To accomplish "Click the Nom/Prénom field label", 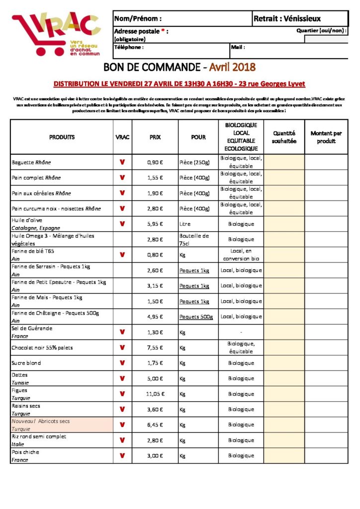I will click(138, 19).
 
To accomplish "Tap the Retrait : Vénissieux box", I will click(287, 19).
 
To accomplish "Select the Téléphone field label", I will click(129, 48).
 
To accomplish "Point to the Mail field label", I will click(238, 48).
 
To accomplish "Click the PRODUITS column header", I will click(62, 137).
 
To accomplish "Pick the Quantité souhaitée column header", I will click(284, 137).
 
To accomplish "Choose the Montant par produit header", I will click(326, 137).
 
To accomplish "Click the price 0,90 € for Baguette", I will click(155, 163).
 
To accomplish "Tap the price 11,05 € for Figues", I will click(155, 394).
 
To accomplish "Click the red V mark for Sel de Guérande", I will click(122, 332).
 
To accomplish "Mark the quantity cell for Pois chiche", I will click(284, 455).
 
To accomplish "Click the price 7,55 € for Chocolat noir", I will click(155, 347).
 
